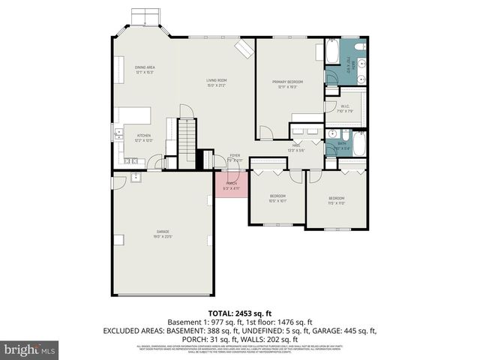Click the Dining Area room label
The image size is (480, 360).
click(145, 70)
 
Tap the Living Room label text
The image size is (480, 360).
click(217, 82)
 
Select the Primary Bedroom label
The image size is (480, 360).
click(289, 85)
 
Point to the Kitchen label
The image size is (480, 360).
click(143, 138)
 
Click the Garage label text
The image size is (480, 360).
click(163, 233)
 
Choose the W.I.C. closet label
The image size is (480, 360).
click(346, 109)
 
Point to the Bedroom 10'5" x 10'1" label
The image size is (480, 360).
click(277, 199)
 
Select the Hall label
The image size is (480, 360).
click(296, 148)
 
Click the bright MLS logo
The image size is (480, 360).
click(29, 349)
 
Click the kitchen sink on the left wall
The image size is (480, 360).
click(118, 135)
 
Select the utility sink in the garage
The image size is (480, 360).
click(136, 177)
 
